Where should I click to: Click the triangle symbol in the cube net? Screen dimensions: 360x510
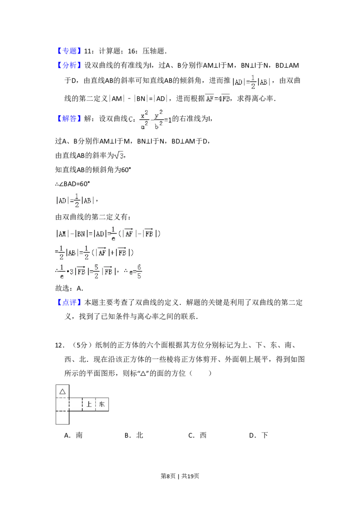coord(62,391)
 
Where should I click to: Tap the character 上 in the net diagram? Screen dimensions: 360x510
coord(89,404)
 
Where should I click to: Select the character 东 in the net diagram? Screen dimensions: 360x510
coord(102,404)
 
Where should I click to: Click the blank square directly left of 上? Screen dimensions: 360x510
coord(76,404)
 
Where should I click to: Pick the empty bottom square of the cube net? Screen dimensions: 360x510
coord(62,417)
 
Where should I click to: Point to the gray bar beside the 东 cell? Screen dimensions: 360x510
coord(110,404)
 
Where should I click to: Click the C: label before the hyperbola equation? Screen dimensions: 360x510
coord(131,120)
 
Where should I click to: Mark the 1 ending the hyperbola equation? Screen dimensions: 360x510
coord(171,120)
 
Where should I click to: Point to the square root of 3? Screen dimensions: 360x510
coord(120,156)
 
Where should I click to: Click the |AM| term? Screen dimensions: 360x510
coord(62,234)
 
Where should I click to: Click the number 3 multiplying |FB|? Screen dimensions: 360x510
coord(71,272)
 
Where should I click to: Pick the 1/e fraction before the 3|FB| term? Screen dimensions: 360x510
coord(62,272)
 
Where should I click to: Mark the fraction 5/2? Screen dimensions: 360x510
coord(96,272)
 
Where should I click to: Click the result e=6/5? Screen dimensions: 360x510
coord(135,272)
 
